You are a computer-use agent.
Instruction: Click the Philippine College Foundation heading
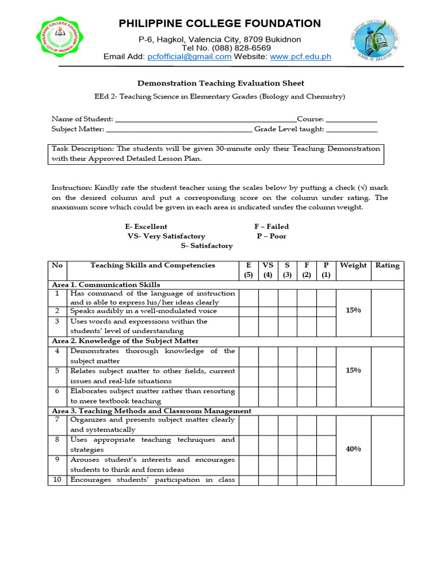pos(219,23)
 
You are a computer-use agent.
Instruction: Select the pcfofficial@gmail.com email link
pos(189,57)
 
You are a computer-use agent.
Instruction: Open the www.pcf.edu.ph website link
pos(300,57)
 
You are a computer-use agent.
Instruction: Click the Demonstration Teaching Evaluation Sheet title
pos(219,84)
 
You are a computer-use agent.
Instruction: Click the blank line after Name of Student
pos(206,120)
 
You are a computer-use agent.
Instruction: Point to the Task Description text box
pos(215,154)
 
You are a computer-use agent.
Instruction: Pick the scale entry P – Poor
pos(272,236)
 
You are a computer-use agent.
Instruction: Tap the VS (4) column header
pos(268,270)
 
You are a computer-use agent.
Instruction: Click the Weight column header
pos(353,266)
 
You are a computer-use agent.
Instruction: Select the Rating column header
pos(387,266)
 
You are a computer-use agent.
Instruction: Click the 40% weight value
pos(353,449)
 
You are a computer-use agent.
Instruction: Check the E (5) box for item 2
pos(249,311)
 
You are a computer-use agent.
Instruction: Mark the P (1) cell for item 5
pos(326,376)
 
